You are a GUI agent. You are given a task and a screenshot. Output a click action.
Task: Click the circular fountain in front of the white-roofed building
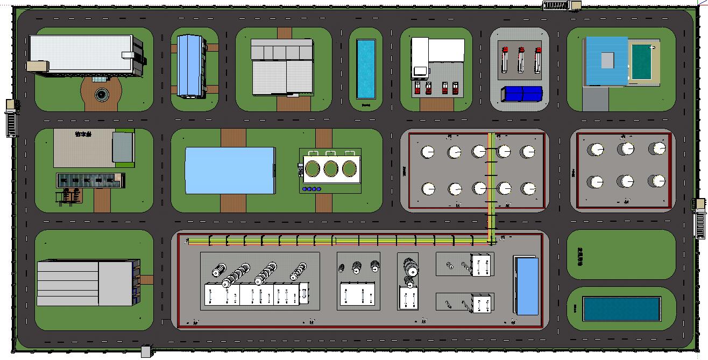coord(101,95)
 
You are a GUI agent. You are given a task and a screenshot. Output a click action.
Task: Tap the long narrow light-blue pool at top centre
coord(366,69)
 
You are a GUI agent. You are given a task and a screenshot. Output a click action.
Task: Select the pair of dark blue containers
coord(521,94)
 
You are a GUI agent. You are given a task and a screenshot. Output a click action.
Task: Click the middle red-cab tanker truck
coord(521,60)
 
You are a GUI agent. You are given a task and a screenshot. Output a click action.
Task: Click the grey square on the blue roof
coord(607,59)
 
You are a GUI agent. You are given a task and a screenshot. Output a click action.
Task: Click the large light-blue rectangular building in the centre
coord(230,170)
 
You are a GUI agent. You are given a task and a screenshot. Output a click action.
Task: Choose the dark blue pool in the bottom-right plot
coord(621,308)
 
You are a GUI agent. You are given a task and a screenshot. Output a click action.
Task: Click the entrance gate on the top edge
coord(556,5)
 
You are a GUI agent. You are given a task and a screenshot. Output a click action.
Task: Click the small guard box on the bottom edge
coord(146,352)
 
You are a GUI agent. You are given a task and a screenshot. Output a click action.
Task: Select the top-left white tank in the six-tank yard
coord(596,150)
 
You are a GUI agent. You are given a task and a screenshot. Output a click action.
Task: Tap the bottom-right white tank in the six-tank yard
coord(657,181)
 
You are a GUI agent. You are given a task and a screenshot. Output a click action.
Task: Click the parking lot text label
coord(84,133)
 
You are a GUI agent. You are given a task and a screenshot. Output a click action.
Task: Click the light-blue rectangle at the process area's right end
coord(527,286)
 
